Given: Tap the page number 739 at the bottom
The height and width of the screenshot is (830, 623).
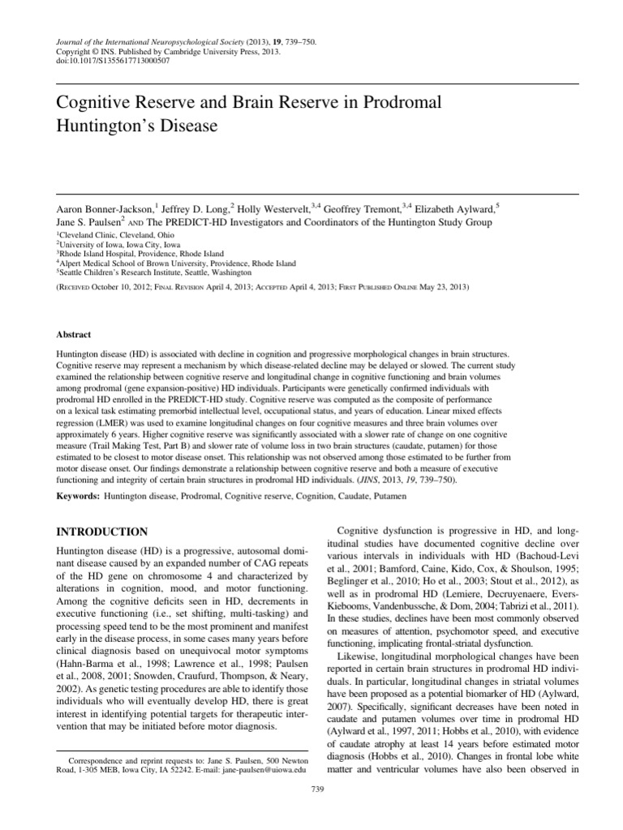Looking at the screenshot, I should coord(317,788).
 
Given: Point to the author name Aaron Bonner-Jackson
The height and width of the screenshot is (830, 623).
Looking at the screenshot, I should coord(103,208).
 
